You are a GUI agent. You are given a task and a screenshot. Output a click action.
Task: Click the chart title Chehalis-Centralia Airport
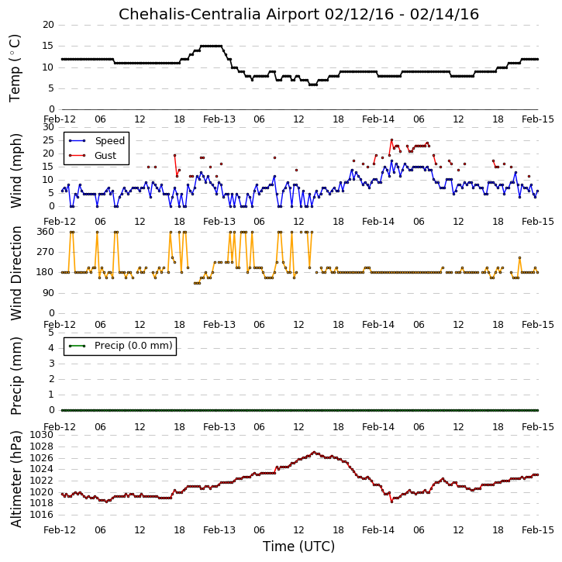tap(219, 14)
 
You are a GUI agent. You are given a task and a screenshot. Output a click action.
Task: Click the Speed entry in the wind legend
tap(97, 141)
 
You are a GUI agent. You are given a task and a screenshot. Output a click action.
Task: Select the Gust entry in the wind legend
tap(92, 156)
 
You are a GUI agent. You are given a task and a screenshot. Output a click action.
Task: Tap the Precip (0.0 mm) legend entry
tap(120, 346)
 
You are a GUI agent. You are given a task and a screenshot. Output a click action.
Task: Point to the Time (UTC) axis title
tap(298, 546)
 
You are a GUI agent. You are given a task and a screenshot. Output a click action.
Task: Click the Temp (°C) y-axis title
tap(15, 68)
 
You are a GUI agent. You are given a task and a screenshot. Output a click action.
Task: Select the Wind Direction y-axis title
tap(16, 273)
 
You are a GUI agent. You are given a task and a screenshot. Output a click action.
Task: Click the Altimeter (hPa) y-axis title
tap(16, 479)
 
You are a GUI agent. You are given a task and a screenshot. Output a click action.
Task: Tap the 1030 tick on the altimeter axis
tap(41, 435)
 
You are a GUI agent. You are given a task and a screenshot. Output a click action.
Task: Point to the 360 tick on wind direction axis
tap(46, 232)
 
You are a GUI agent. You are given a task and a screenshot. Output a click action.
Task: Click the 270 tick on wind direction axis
tap(46, 252)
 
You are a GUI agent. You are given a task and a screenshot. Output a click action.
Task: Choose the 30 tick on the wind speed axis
tap(48, 127)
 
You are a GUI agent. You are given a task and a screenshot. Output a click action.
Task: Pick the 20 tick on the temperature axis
tap(48, 25)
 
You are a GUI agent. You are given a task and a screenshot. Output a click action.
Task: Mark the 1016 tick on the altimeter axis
tap(41, 515)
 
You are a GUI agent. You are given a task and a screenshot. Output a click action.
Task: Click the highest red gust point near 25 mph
tap(391, 140)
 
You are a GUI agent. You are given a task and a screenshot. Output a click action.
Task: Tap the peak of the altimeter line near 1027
tap(314, 453)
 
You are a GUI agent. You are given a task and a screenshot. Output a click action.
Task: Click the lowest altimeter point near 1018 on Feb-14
tap(391, 502)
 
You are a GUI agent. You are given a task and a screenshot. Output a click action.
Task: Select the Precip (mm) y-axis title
tap(16, 376)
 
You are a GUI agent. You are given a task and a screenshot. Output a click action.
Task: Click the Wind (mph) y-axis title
tap(16, 171)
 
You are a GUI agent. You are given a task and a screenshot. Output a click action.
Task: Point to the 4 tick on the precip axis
tap(51, 348)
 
